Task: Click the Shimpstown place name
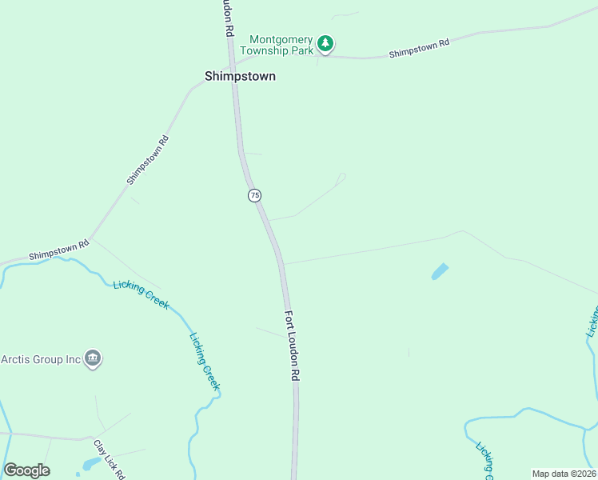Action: pyautogui.click(x=240, y=76)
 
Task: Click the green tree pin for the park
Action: pyautogui.click(x=325, y=43)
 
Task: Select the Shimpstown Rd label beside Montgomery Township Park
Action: pyautogui.click(x=420, y=48)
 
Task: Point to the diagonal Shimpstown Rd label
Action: pyautogui.click(x=148, y=160)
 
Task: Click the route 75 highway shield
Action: pyautogui.click(x=254, y=195)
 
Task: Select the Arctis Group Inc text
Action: pyautogui.click(x=42, y=359)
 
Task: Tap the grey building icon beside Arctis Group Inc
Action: pyautogui.click(x=93, y=359)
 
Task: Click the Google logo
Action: pyautogui.click(x=26, y=470)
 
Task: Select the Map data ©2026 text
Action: pyautogui.click(x=563, y=474)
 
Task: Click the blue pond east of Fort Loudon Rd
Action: pyautogui.click(x=440, y=272)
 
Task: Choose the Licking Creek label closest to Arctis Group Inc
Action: pyautogui.click(x=141, y=294)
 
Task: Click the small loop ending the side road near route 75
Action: pyautogui.click(x=342, y=177)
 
